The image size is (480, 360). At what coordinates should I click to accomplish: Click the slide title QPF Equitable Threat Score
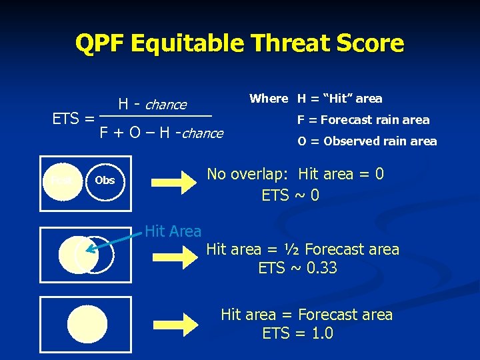coord(239,44)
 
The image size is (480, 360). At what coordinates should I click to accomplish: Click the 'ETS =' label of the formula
coord(73,119)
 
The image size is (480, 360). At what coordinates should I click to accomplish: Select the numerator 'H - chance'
coord(152,105)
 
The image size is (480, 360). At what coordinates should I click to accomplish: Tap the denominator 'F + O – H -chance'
coord(161,133)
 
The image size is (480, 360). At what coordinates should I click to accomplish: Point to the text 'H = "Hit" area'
coord(339,99)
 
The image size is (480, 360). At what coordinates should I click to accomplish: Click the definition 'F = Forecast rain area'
coord(363,120)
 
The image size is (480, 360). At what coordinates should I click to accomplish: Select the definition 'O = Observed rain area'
coord(367,141)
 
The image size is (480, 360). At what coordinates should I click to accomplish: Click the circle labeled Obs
coord(105,180)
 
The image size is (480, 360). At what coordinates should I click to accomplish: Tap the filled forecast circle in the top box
coord(61,180)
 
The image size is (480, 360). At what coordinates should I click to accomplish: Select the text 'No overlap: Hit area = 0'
coord(295,175)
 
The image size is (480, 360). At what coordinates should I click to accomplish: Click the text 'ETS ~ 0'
coord(290,196)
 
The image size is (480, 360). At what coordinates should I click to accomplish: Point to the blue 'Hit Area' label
coord(173,231)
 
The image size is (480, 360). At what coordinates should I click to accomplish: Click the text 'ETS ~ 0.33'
coord(297,269)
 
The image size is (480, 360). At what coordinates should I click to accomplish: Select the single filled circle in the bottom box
coord(87,325)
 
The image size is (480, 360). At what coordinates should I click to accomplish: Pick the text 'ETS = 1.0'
coord(297,333)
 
